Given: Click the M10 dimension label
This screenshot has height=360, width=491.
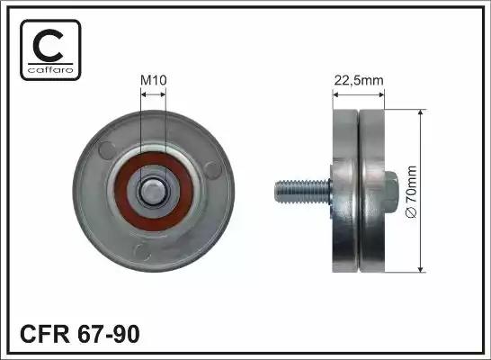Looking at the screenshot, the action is [x=154, y=80].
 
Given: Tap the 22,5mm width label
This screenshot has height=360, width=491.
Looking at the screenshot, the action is [x=359, y=80].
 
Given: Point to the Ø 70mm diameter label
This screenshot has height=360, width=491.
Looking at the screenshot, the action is [x=411, y=192].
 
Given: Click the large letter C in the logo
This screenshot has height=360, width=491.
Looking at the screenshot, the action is [x=49, y=46].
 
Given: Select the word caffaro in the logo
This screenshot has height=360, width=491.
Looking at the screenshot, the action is [x=50, y=69].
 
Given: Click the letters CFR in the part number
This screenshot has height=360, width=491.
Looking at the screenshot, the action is [x=45, y=334].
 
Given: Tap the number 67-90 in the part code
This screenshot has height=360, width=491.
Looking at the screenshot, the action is [x=108, y=334].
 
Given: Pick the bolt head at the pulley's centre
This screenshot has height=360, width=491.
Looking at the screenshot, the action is [x=153, y=192].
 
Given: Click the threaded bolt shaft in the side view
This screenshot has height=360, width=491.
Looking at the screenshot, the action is [x=302, y=192].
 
